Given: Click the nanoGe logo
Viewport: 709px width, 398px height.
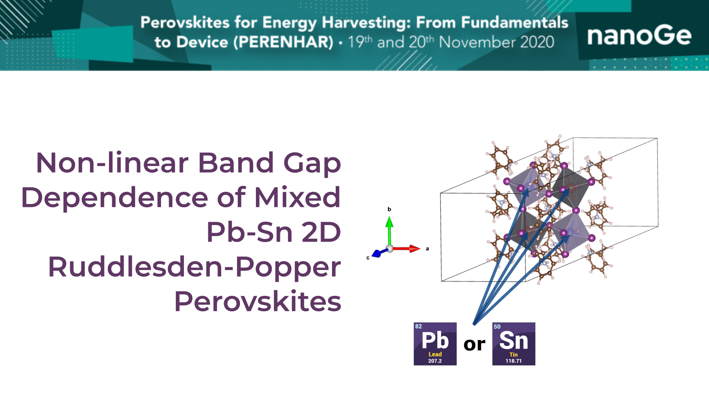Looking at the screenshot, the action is tap(639, 36).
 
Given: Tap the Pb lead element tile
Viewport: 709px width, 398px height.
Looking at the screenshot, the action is tap(435, 344).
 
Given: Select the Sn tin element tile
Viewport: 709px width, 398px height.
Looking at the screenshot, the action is tap(514, 344).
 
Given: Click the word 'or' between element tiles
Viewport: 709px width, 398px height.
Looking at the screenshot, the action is tap(475, 345).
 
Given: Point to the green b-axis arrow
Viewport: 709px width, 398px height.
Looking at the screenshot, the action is tap(389, 231).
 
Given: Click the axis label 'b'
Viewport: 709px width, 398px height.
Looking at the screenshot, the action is tap(389, 209).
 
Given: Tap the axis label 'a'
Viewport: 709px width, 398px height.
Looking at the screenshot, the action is tap(427, 249).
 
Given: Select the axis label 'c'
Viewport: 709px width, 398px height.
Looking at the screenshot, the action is tap(368, 258).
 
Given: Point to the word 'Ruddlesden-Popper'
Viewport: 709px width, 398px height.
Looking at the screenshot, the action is tap(194, 267).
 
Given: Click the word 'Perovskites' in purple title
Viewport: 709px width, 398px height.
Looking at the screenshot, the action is tap(258, 301).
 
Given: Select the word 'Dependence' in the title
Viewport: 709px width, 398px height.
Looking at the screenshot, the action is tap(115, 197).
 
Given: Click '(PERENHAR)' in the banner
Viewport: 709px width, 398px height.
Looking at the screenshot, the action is tap(283, 42).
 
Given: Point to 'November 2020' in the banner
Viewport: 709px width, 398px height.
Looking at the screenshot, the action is tap(497, 42).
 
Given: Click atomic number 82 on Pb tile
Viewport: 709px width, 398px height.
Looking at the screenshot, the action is tap(418, 326).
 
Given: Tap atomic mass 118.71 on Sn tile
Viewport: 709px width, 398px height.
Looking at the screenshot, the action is tap(514, 361).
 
